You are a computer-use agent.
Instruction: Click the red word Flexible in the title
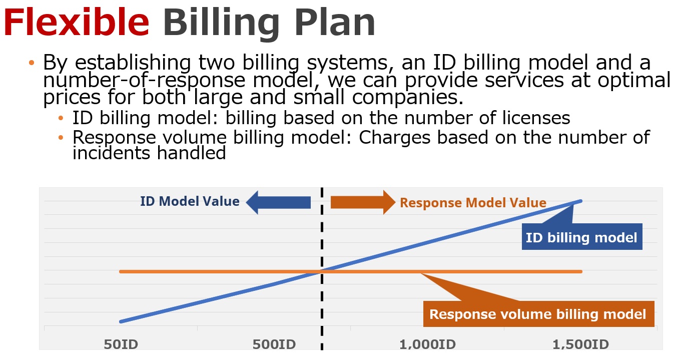[x=76, y=23]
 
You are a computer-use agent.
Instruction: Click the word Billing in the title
[x=221, y=24]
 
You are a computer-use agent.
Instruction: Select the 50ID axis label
[x=121, y=344]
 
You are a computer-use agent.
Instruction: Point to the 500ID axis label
[x=274, y=344]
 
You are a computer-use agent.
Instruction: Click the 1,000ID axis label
[x=427, y=344]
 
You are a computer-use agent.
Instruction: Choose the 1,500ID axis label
[x=580, y=344]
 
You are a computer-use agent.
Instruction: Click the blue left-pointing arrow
[x=279, y=202]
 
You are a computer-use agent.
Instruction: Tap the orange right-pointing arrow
[x=363, y=202]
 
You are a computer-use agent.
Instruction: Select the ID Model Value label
[x=190, y=201]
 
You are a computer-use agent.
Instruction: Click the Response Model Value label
[x=473, y=203]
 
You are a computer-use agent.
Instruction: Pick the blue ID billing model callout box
[x=582, y=237]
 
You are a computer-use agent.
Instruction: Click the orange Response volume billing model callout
[x=538, y=314]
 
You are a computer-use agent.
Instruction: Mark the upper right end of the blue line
[x=581, y=201]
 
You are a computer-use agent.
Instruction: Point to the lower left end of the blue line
[x=121, y=321]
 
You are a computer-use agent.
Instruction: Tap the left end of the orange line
[x=121, y=271]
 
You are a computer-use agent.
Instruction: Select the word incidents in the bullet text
[x=112, y=153]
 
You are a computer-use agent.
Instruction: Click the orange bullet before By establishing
[x=32, y=63]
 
